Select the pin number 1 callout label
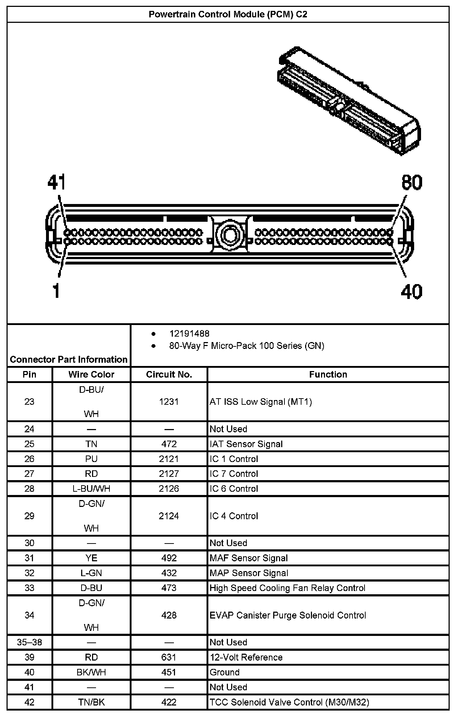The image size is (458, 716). click(56, 291)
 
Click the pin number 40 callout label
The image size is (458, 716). click(412, 291)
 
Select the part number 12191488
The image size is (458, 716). click(189, 333)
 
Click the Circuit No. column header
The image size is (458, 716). click(169, 374)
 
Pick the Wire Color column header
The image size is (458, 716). click(91, 374)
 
